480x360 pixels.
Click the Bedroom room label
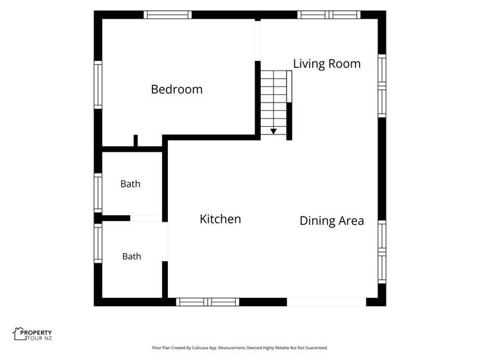tap(177, 89)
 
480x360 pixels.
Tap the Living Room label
tap(327, 64)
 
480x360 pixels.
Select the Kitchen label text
tap(220, 219)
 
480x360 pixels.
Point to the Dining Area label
tap(332, 221)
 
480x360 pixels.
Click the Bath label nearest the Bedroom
tap(130, 184)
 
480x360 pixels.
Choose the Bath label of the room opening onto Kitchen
tap(131, 256)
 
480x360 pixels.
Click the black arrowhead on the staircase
tap(274, 131)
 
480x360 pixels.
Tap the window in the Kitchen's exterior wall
tap(208, 302)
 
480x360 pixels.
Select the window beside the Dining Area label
tap(382, 252)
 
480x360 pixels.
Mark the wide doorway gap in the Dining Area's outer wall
tap(326, 302)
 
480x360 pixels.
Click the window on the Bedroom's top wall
tap(168, 15)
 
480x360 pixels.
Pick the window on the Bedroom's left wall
tap(98, 85)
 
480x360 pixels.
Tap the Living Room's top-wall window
tap(329, 15)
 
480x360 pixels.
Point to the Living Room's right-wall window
tap(382, 86)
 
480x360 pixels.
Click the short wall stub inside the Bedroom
tap(136, 140)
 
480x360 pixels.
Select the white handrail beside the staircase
tap(289, 86)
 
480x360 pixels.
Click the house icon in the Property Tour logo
tap(19, 334)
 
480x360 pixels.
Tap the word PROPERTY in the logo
tap(36, 332)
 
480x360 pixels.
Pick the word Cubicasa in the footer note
tap(200, 348)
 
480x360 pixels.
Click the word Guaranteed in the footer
tap(318, 348)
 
